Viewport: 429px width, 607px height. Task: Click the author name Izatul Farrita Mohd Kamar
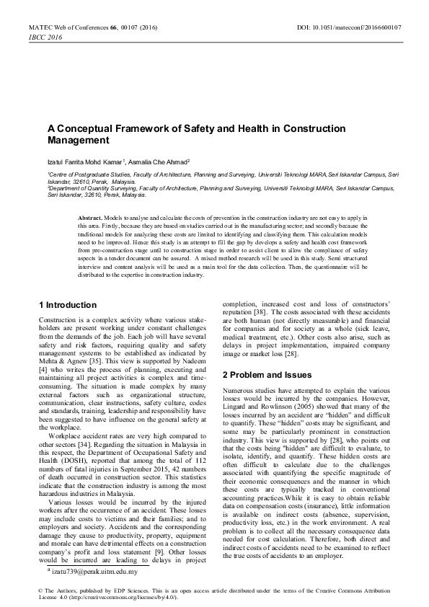pos(79,161)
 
